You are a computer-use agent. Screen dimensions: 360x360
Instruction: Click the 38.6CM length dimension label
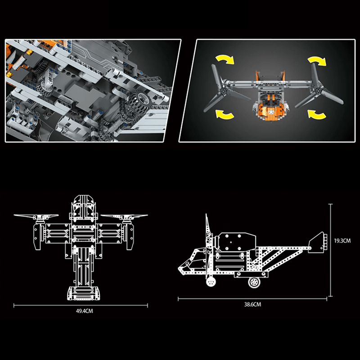click(x=252, y=305)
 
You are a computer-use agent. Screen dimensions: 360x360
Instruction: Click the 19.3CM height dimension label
click(x=342, y=241)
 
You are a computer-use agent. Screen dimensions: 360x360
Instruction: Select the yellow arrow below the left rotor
click(x=225, y=115)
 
